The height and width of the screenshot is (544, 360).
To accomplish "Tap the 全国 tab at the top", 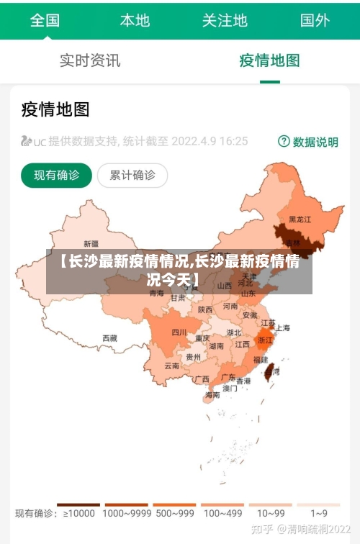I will tap(45, 20).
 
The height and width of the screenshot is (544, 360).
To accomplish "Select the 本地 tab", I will tap(135, 20).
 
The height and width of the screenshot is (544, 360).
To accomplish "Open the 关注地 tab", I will tap(225, 20).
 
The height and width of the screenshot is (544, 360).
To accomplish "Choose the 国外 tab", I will tap(315, 20).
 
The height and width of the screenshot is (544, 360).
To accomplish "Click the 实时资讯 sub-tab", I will tap(90, 60).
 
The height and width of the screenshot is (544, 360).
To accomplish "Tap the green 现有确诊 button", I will tap(56, 175).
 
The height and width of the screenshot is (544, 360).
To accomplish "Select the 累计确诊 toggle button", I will tap(132, 175).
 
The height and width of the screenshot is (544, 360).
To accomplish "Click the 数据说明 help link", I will tap(308, 142).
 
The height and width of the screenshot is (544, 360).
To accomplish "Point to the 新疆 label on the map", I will tap(91, 243).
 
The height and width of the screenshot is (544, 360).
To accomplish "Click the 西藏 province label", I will tap(109, 337).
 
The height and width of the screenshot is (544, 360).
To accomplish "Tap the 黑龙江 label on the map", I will tap(300, 219).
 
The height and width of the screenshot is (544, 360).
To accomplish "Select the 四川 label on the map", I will tap(179, 332).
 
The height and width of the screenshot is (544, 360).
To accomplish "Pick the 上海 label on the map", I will tap(283, 328).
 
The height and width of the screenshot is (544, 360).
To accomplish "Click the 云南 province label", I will tap(172, 366).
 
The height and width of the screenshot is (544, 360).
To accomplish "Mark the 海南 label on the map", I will tap(212, 394).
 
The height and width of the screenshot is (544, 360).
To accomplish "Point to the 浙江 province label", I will tap(265, 340).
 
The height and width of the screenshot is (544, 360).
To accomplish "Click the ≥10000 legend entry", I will tap(79, 514).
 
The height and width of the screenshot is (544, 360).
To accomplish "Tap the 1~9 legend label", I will tap(318, 514).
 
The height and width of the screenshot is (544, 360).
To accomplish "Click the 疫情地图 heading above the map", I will tap(55, 109).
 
